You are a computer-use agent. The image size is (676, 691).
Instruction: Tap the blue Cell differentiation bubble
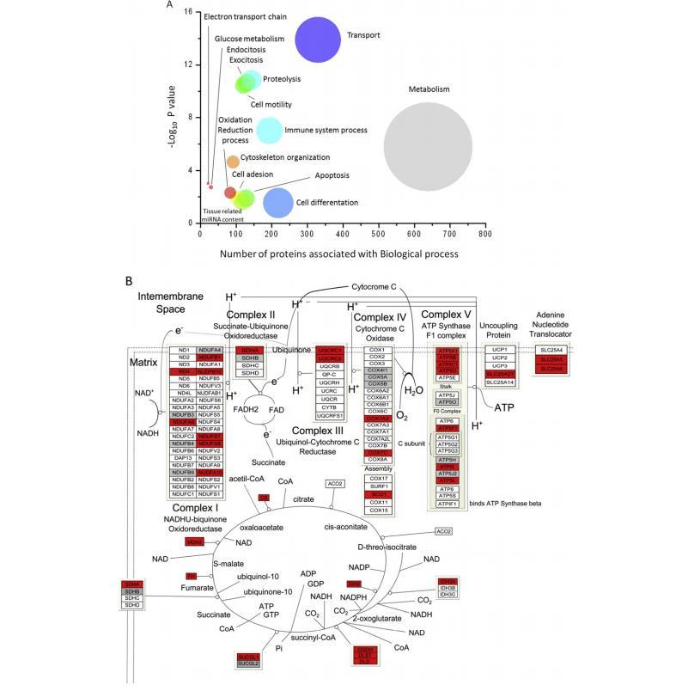coord(279,203)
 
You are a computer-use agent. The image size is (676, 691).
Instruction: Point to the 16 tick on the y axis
coord(190,11)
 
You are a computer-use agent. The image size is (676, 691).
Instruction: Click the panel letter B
coord(128,281)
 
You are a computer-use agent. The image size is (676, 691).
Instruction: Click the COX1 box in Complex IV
coord(375,351)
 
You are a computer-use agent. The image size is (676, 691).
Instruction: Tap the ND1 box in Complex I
coord(182,351)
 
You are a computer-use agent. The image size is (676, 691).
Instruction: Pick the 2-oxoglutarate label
coord(381,617)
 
